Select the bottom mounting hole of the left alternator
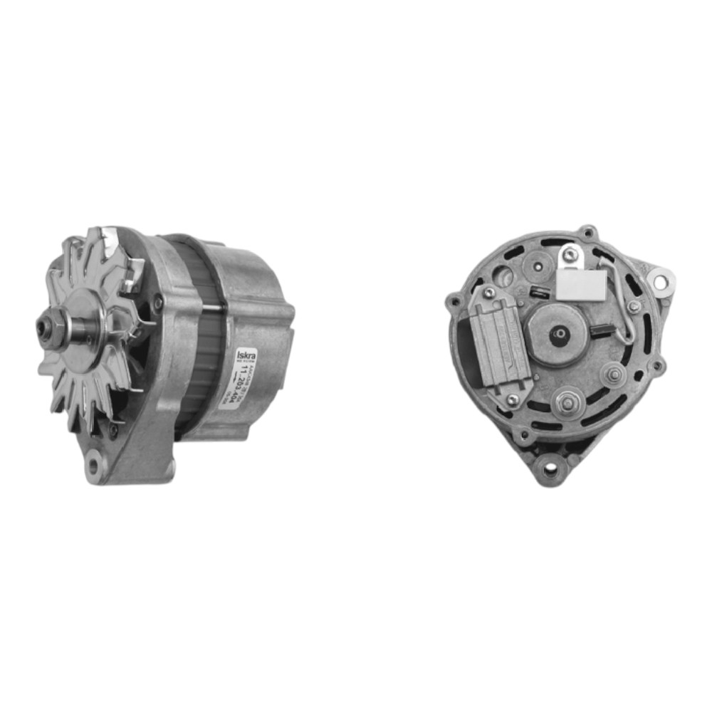coord(92,466)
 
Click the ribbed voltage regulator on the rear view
coord(501,342)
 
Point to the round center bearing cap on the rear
coord(560,335)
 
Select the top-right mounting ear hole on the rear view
coord(659,283)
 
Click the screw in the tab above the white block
coord(569,254)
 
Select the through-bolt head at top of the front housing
coord(158,302)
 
